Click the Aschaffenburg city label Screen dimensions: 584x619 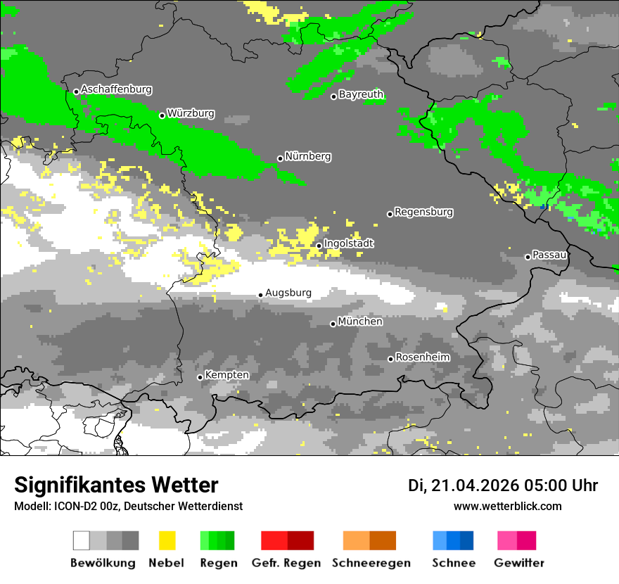pyautogui.click(x=116, y=89)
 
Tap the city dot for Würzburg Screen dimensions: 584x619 pyautogui.click(x=162, y=115)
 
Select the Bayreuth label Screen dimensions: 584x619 pyautogui.click(x=361, y=94)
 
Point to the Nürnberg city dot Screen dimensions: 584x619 pyautogui.click(x=280, y=158)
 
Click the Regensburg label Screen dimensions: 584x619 pyautogui.click(x=423, y=212)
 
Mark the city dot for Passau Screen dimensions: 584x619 pyautogui.click(x=528, y=257)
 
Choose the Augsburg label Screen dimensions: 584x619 pyautogui.click(x=288, y=293)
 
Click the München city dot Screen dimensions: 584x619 pyautogui.click(x=333, y=324)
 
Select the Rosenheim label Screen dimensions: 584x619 pyautogui.click(x=422, y=357)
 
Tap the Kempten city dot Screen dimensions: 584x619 pyautogui.click(x=200, y=377)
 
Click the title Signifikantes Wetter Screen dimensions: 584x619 pyautogui.click(x=116, y=485)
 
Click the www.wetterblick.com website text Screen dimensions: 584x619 pyautogui.click(x=507, y=506)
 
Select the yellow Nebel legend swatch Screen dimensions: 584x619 pyautogui.click(x=167, y=540)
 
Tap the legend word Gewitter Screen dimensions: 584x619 pyautogui.click(x=518, y=563)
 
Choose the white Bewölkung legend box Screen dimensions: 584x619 pyautogui.click(x=81, y=540)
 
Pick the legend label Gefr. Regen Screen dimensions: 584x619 pyautogui.click(x=286, y=563)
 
